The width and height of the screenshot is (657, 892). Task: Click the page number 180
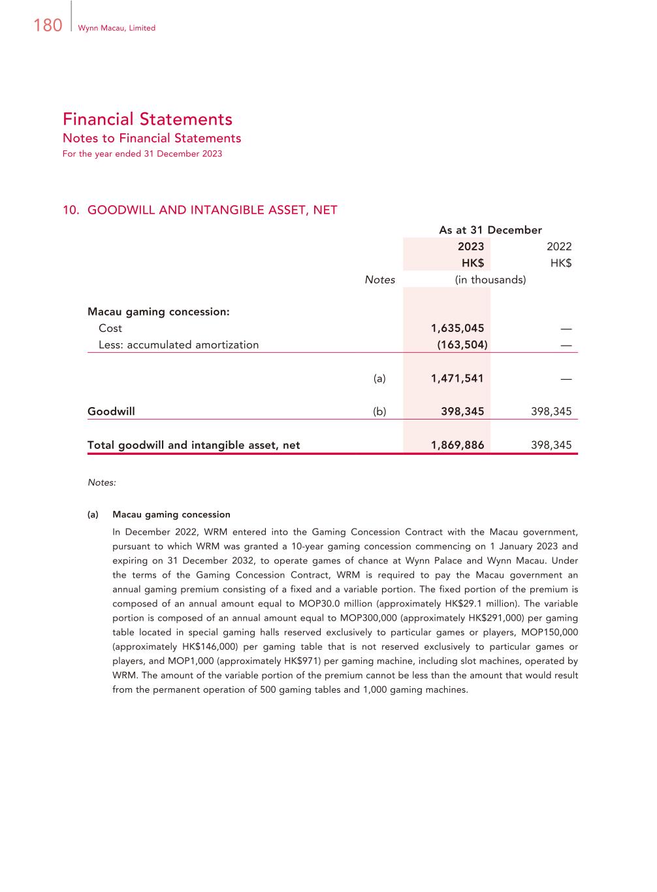[x=47, y=25]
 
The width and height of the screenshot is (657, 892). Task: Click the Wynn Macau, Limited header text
[x=116, y=28]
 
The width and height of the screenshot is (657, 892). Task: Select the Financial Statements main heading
[x=148, y=119]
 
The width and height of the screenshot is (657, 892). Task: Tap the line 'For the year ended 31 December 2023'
[x=142, y=154]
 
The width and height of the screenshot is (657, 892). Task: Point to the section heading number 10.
[x=71, y=210]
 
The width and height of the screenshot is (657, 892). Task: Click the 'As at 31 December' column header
[x=490, y=230]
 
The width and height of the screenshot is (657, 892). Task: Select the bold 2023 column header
[x=470, y=246]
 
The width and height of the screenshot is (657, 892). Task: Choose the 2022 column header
[x=558, y=246]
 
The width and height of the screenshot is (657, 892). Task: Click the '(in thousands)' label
[x=490, y=280]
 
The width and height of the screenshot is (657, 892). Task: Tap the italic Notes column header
[x=379, y=280]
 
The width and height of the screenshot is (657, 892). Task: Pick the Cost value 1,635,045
[x=457, y=328]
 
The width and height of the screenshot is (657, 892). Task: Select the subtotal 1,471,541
[x=457, y=378]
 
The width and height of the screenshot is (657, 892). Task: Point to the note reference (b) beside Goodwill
[x=379, y=412]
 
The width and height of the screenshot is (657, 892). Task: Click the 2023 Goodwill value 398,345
[x=462, y=412]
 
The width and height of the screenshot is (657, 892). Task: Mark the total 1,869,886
[x=457, y=445]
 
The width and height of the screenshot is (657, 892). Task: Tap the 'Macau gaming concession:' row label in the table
[x=159, y=312]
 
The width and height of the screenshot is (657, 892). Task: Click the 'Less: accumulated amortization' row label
[x=178, y=345]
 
